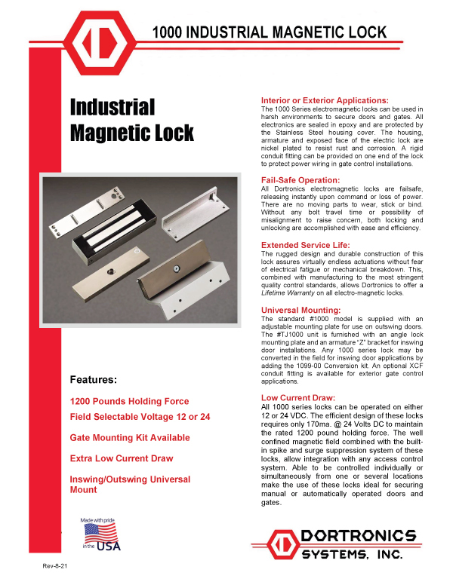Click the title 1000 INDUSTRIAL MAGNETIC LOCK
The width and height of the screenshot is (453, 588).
tap(270, 32)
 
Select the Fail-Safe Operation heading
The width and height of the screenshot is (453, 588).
tap(300, 180)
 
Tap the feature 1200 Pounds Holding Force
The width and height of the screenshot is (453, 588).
tap(129, 401)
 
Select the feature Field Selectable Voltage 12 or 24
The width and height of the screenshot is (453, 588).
tap(140, 417)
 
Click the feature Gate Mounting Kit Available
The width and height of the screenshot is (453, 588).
tap(130, 438)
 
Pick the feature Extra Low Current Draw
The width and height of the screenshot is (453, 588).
tap(122, 458)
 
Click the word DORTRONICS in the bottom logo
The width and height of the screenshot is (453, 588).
tap(358, 537)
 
